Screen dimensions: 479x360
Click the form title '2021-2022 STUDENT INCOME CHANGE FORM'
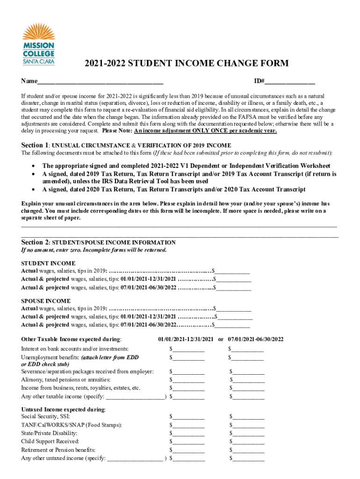tap(180, 64)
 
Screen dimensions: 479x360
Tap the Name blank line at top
tap(100, 82)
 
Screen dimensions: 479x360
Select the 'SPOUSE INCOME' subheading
tap(46, 301)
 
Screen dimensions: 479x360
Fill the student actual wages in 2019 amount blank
tap(233, 271)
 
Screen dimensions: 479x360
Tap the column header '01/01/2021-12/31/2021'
tap(186, 339)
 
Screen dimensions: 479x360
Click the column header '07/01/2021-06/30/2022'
tap(256, 339)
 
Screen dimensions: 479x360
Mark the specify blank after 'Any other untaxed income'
tap(135, 459)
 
